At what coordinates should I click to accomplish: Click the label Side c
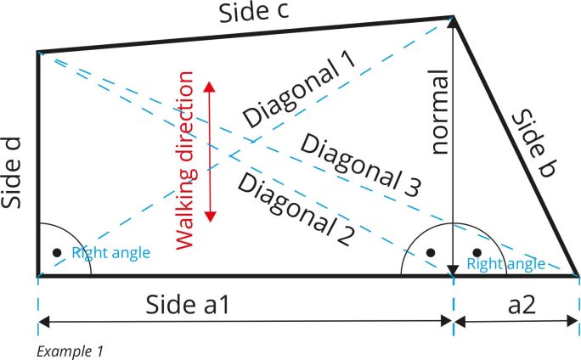[x=254, y=12]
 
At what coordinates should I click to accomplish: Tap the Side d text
[x=11, y=173]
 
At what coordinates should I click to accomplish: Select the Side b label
[x=533, y=143]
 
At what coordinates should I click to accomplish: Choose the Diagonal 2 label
[x=296, y=210]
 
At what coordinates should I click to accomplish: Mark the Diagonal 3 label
[x=360, y=166]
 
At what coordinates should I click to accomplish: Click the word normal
[x=440, y=112]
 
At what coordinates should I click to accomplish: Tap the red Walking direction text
[x=184, y=160]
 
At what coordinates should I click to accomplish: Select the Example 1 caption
[x=70, y=352]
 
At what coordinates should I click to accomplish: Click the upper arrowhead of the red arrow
[x=209, y=87]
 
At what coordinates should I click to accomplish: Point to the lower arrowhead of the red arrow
[x=210, y=217]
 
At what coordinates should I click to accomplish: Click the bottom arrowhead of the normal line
[x=453, y=270]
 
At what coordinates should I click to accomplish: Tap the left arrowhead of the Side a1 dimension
[x=43, y=322]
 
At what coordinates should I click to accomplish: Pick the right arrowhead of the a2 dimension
[x=573, y=322]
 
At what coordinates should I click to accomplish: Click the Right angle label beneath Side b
[x=505, y=264]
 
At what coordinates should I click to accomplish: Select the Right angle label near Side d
[x=110, y=252]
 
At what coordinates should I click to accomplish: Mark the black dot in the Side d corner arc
[x=57, y=252]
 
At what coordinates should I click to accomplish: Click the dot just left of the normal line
[x=431, y=252]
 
